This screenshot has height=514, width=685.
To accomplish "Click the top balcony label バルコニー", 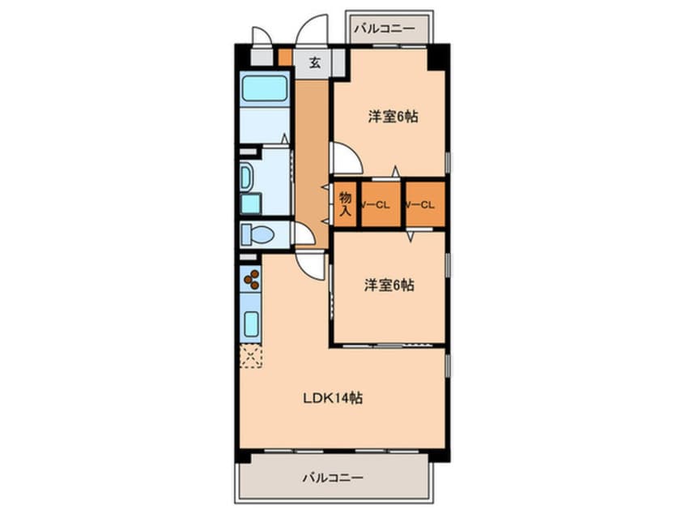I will coord(385,29).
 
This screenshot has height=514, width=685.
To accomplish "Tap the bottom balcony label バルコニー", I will coord(333,478).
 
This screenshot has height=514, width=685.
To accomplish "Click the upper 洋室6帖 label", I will coord(393,117).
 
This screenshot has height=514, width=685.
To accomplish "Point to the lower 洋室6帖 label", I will coord(389,285).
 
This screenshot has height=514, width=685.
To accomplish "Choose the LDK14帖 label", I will coord(332,398).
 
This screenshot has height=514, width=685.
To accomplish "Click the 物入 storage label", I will coord(345,203).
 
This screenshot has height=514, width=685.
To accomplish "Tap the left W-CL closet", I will coord(377,204).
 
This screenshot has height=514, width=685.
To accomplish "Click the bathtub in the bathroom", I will coord(266,89).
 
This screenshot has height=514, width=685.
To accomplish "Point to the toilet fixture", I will coord(258,234).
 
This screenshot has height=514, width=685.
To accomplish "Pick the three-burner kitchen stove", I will coord(251,280).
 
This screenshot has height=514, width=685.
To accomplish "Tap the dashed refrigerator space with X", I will coord(251,355).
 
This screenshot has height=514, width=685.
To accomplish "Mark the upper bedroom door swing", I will coord(343,158).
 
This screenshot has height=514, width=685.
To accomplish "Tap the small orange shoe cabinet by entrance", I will coord(284,58).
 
